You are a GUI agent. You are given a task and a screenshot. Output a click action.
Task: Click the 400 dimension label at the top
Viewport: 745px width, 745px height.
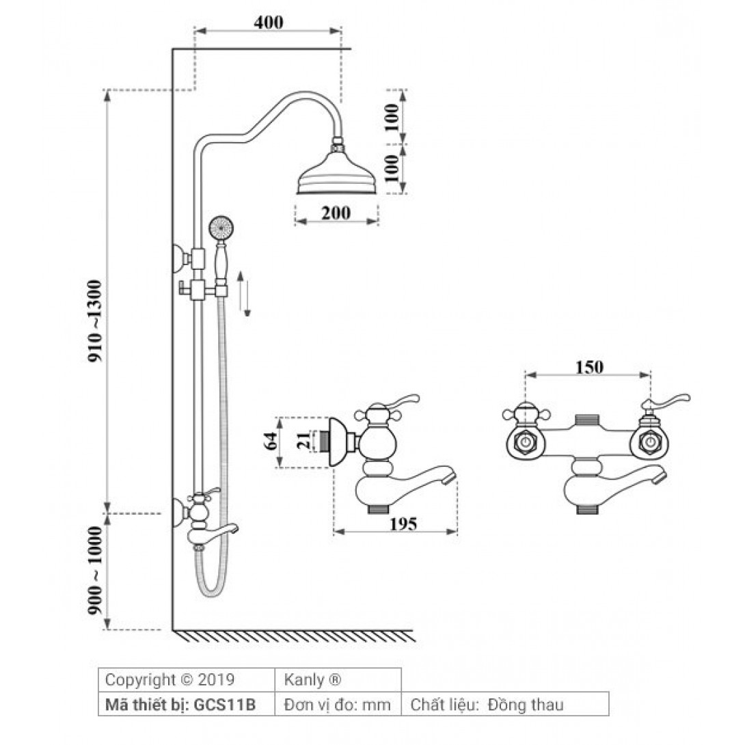pos(268,22)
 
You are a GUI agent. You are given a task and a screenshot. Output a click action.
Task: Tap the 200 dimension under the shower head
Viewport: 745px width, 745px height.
pos(336,213)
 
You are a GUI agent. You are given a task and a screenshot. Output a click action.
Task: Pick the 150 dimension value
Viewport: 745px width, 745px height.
pos(588,367)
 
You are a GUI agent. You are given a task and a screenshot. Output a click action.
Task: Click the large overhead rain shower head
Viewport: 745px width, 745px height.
pos(338,178)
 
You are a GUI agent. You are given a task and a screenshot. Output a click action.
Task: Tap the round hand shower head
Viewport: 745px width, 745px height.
pos(220,226)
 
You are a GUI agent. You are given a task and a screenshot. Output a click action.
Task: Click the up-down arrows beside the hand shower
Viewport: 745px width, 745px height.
pos(243,293)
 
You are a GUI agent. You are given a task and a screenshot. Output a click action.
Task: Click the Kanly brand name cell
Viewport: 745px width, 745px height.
pos(312,680)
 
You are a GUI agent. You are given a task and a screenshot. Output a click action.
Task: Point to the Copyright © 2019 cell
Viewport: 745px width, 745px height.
pos(170,680)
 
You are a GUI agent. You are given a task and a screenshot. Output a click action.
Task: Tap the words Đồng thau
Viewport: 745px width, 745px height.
pos(526,705)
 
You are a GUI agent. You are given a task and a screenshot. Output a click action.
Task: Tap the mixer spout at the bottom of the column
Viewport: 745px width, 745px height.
pos(224,529)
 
